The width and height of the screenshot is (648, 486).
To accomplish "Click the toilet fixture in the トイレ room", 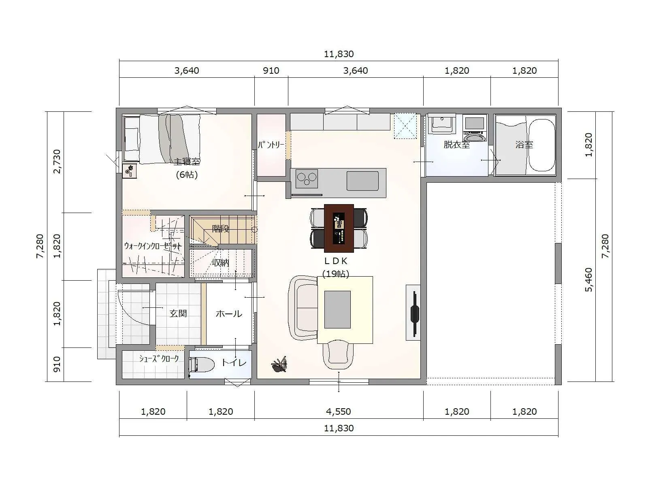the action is pyautogui.click(x=202, y=365).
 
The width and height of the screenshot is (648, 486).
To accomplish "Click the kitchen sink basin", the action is pyautogui.click(x=362, y=181).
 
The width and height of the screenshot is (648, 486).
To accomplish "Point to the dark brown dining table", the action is pyautogui.click(x=339, y=228).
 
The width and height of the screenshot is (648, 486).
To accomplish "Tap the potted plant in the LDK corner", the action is pyautogui.click(x=279, y=365).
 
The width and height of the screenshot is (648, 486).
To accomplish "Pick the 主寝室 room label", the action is pyautogui.click(x=187, y=162).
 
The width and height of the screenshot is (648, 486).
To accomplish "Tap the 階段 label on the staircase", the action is pyautogui.click(x=221, y=228).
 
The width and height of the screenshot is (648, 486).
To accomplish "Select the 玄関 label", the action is pyautogui.click(x=178, y=313).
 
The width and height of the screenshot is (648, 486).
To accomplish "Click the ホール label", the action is pyautogui.click(x=229, y=313).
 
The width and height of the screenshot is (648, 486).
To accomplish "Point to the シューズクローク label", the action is pyautogui.click(x=159, y=359).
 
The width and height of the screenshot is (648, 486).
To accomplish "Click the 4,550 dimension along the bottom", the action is pyautogui.click(x=338, y=411).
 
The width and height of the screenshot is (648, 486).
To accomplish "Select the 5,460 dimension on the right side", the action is pyautogui.click(x=588, y=280).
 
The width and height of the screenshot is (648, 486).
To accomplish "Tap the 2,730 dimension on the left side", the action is pyautogui.click(x=57, y=162).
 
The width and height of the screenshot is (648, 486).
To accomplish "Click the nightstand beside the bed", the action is pyautogui.click(x=130, y=171).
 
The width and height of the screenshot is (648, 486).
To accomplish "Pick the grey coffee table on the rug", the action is pyautogui.click(x=337, y=309).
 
